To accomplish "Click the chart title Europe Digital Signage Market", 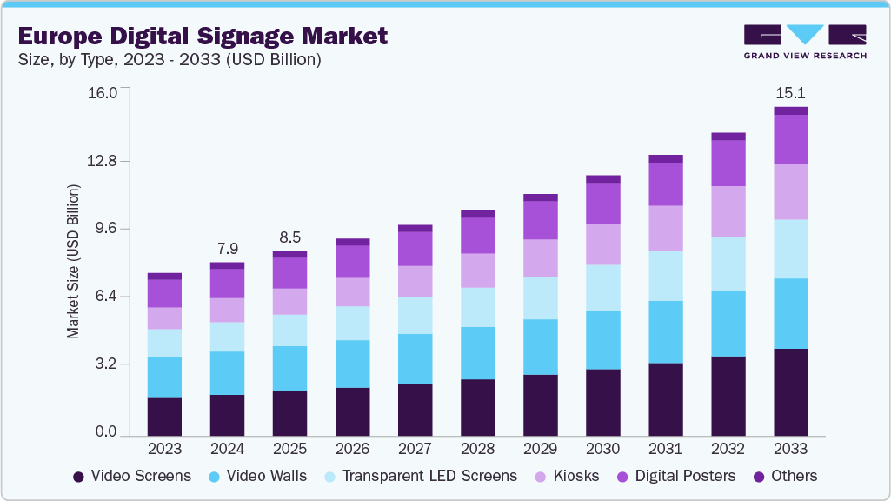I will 202,37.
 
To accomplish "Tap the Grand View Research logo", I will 804,42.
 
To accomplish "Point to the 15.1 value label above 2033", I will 790,92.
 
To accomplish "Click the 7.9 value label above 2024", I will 227,248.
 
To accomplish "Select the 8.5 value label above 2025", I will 289,237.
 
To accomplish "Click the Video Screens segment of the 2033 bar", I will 790,391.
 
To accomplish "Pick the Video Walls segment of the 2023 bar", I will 164,377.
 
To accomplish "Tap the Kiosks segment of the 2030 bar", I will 602,244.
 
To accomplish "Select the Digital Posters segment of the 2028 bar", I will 477,235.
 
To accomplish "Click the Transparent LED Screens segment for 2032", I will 728,263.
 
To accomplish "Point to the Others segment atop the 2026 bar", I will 352,242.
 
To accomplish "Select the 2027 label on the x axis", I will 415,450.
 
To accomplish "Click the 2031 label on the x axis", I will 665,450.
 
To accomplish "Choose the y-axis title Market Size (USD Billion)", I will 74,261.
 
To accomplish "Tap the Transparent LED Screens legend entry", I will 420,476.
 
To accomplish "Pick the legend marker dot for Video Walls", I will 214,477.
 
